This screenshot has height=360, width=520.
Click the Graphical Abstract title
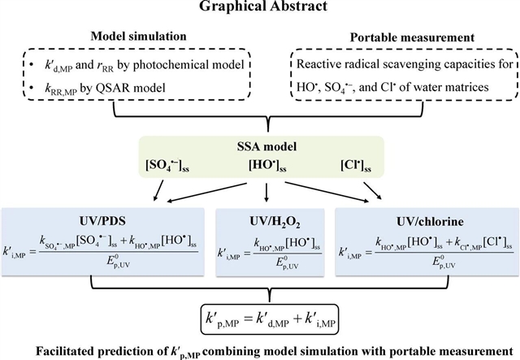coord(259,9)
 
